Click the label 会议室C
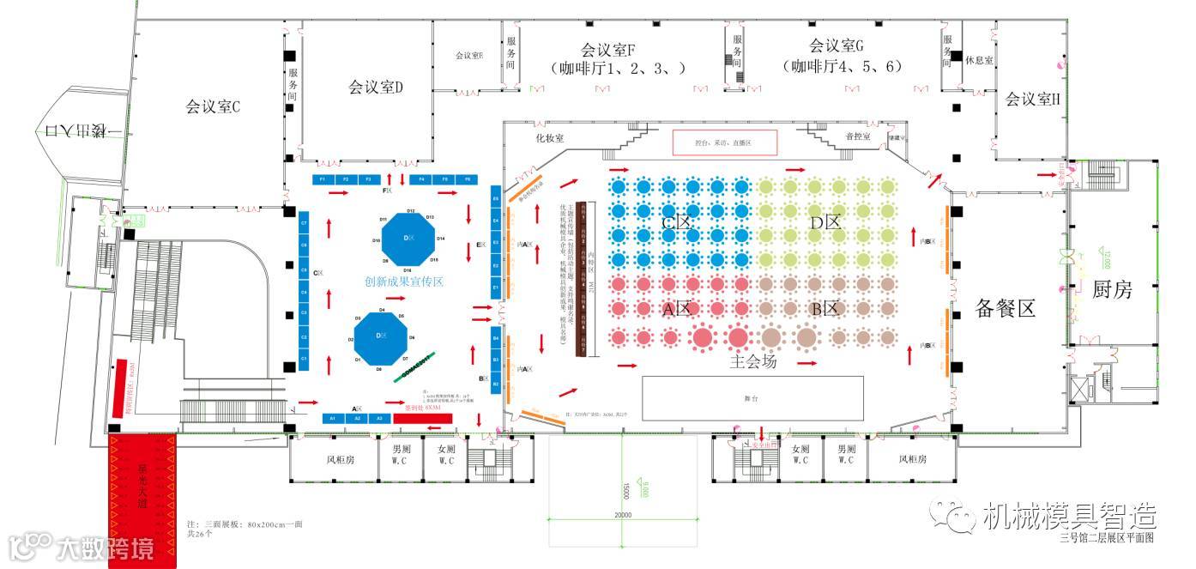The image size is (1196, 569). point(212,107)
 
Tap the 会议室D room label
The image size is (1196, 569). point(375,87)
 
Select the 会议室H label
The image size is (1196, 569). point(1032,100)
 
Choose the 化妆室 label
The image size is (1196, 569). point(549,137)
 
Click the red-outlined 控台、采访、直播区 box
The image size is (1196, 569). point(723,142)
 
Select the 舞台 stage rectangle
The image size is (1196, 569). point(752,398)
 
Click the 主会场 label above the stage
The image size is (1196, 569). point(753,362)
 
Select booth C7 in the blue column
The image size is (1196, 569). point(304,224)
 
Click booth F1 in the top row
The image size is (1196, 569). point(323,179)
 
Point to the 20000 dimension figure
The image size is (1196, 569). point(623,515)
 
